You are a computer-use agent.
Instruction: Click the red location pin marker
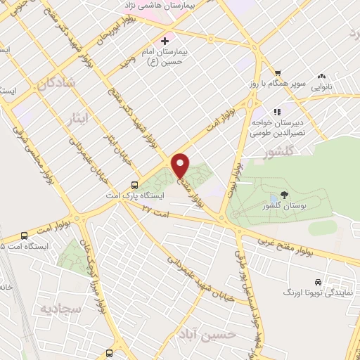pos(181,165)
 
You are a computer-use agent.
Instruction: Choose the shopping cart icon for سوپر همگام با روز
pos(278,73)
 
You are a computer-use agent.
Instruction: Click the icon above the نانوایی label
pos(323,75)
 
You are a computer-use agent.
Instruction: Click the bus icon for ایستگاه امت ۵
pos(25,236)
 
